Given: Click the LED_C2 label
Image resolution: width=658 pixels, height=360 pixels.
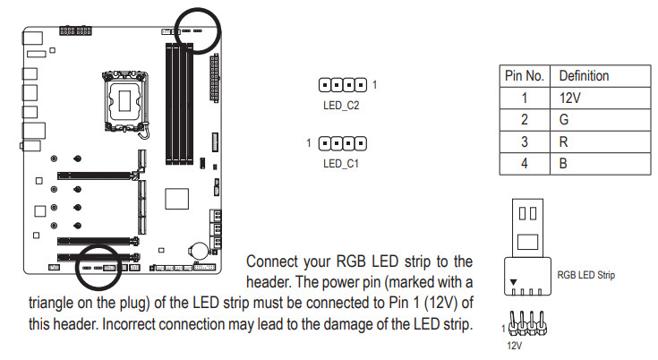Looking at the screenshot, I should [341, 105].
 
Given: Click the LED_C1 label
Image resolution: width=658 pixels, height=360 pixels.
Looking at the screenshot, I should [341, 164].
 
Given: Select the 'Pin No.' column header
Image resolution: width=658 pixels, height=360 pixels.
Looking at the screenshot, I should [525, 76].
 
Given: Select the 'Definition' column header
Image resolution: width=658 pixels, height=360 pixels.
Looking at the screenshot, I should [584, 76].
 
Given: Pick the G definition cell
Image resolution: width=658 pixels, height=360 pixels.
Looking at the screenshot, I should [564, 120].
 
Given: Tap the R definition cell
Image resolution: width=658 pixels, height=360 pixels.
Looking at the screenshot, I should [564, 141].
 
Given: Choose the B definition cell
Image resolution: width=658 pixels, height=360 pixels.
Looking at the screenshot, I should [564, 164].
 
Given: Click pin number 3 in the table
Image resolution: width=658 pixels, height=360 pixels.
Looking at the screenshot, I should [525, 141].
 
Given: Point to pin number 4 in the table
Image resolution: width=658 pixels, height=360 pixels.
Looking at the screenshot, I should [525, 164].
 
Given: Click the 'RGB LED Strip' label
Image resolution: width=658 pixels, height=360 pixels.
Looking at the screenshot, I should [586, 275].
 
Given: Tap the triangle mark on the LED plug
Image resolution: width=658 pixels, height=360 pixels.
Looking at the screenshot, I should [513, 282].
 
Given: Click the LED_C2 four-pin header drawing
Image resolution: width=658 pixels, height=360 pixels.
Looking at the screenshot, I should [343, 86].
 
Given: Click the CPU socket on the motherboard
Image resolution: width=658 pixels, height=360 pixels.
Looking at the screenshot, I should [124, 95].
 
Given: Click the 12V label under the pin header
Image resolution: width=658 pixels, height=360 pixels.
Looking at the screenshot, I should [514, 344].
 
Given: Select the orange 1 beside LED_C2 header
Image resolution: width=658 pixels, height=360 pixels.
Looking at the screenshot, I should [375, 85].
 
